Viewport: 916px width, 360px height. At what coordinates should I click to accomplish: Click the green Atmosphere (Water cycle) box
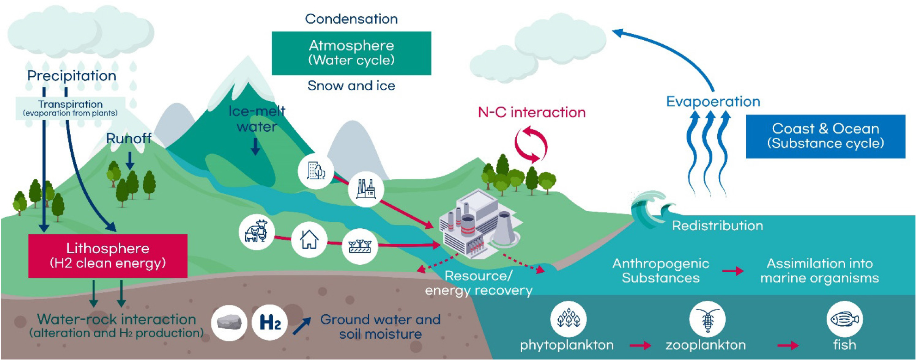[x=351, y=53]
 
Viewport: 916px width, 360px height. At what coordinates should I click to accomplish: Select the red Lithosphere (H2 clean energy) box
[x=108, y=256]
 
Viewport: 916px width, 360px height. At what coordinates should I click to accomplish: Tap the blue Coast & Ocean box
[x=825, y=136]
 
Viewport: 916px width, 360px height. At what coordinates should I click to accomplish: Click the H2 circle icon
[x=270, y=323]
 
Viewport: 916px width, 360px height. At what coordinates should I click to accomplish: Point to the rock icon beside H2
[x=229, y=323]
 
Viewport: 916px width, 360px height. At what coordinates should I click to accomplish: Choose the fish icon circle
[x=844, y=319]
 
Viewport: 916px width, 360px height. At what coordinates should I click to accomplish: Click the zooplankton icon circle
[x=707, y=319]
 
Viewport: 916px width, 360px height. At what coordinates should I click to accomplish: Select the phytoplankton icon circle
[x=568, y=319]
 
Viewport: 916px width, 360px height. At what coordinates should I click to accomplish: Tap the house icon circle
[x=309, y=240]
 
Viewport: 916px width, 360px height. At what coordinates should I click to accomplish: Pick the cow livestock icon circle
[x=256, y=232]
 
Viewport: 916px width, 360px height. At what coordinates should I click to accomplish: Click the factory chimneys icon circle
[x=366, y=189]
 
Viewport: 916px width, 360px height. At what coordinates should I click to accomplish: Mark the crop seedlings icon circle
[x=360, y=246]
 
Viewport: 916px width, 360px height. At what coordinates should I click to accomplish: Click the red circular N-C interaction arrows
[x=531, y=145]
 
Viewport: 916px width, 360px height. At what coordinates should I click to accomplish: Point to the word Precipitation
[x=72, y=76]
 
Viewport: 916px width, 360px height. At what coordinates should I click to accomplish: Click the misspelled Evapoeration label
[x=713, y=102]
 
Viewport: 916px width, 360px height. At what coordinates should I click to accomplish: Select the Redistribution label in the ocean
[x=717, y=226]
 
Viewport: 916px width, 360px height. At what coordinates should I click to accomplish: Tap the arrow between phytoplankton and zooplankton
[x=640, y=345]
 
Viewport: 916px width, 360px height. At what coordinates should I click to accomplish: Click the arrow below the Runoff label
[x=130, y=160]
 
